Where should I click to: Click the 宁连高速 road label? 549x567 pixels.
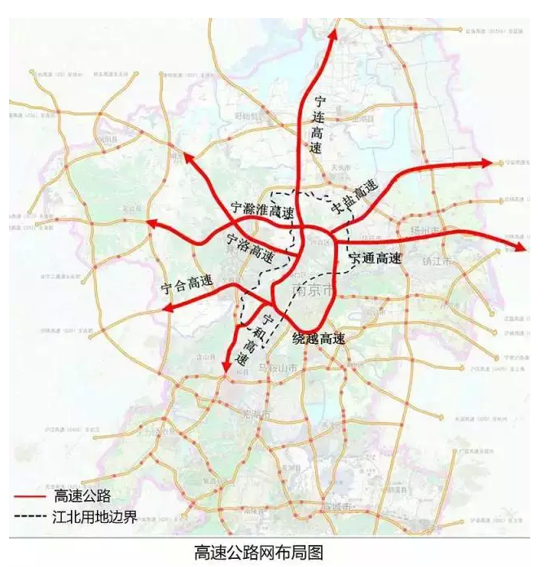coord(318,124)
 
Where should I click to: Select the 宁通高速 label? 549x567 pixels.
coord(376,259)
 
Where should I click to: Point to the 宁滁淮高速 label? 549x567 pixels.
coord(261,209)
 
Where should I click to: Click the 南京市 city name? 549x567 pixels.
coord(312,291)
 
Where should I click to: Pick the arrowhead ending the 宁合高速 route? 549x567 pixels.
coord(169,308)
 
